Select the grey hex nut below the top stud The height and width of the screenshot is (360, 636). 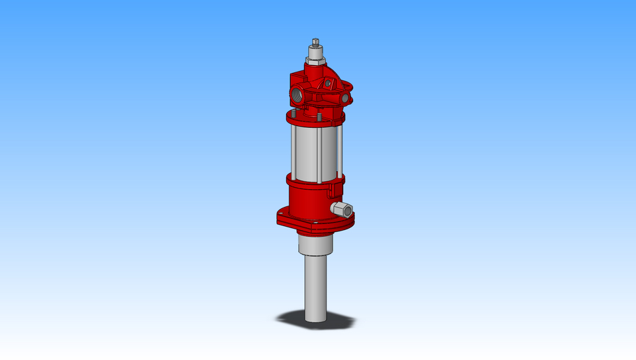click(x=316, y=61)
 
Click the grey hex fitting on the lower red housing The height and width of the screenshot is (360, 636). click(x=344, y=211)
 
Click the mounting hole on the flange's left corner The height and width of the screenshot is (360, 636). click(x=284, y=217)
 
